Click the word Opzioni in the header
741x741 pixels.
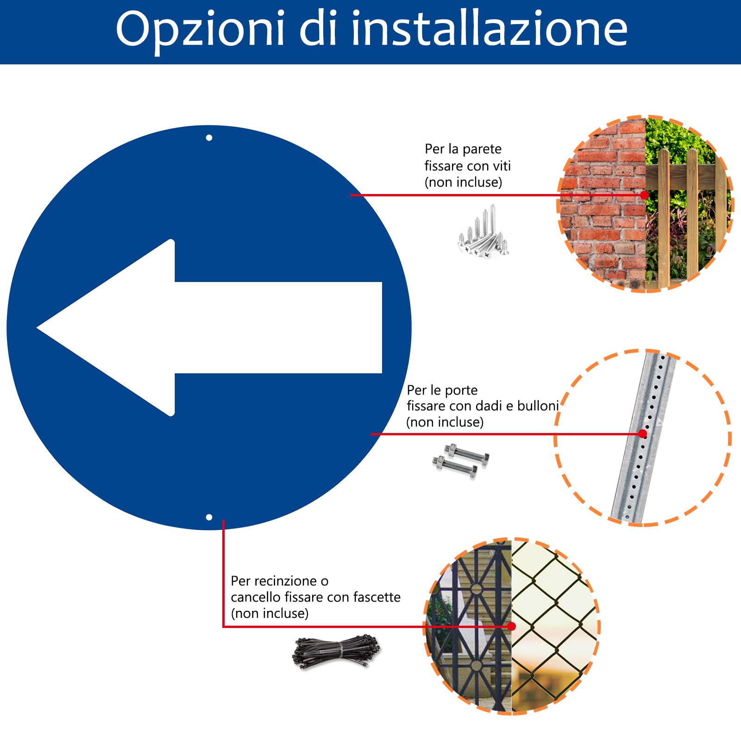(200, 29)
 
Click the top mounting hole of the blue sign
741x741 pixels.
(209, 138)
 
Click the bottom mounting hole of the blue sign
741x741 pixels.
(209, 517)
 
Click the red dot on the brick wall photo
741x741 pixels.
(644, 195)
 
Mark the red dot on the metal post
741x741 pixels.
(642, 433)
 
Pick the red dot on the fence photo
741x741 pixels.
(511, 626)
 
